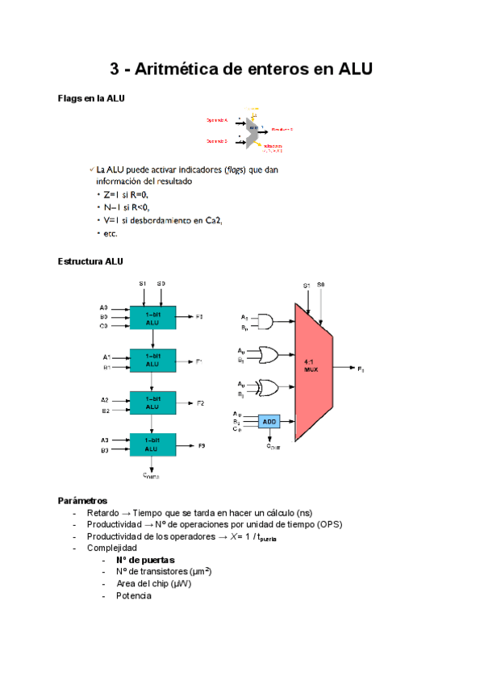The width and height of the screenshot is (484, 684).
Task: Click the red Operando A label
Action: pos(217,119)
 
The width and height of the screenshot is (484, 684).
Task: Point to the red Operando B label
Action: pos(217,141)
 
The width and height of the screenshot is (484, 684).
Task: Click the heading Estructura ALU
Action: pos(90,261)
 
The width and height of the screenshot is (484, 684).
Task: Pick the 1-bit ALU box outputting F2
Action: pos(152,402)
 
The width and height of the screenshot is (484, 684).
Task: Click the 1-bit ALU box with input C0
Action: pos(152,317)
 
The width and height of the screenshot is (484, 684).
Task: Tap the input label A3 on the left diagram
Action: pos(105,440)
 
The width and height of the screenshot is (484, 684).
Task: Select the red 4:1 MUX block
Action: pos(311,370)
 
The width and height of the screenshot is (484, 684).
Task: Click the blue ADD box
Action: pos(269,421)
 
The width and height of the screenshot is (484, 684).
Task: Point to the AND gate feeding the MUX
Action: pos(264,323)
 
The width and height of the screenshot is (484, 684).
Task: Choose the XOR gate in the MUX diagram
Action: pos(265,389)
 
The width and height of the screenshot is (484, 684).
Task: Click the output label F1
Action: pos(199,361)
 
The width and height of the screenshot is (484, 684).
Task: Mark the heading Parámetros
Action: pos(83,500)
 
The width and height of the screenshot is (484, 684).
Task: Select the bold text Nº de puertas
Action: pos(145,560)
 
